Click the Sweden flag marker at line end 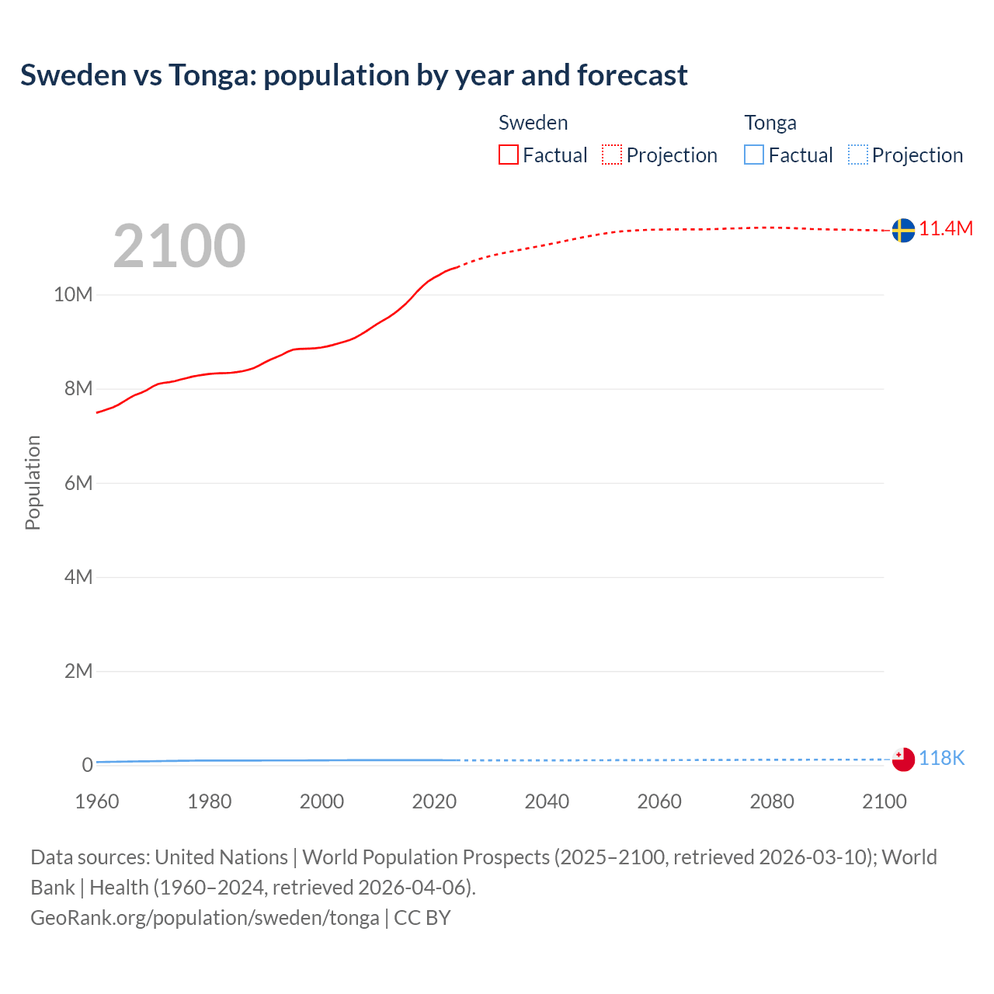pyautogui.click(x=902, y=230)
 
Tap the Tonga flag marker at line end pyautogui.click(x=902, y=759)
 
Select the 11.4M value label pyautogui.click(x=946, y=228)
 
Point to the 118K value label pyautogui.click(x=941, y=759)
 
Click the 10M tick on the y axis pyautogui.click(x=73, y=294)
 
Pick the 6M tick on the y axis pyautogui.click(x=78, y=483)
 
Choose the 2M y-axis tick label pyautogui.click(x=78, y=671)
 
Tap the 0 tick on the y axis pyautogui.click(x=87, y=765)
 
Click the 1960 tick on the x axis pyautogui.click(x=97, y=801)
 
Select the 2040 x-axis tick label pyautogui.click(x=547, y=801)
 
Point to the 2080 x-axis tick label pyautogui.click(x=772, y=801)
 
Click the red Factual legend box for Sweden pyautogui.click(x=509, y=155)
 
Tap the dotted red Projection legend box pyautogui.click(x=612, y=155)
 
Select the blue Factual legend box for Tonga pyautogui.click(x=754, y=155)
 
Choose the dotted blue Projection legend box pyautogui.click(x=858, y=155)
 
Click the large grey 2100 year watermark pyautogui.click(x=179, y=246)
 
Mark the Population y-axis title pyautogui.click(x=33, y=483)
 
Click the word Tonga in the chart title pyautogui.click(x=213, y=75)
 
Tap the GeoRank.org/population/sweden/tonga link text pyautogui.click(x=205, y=918)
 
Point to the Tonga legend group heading pyautogui.click(x=770, y=123)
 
